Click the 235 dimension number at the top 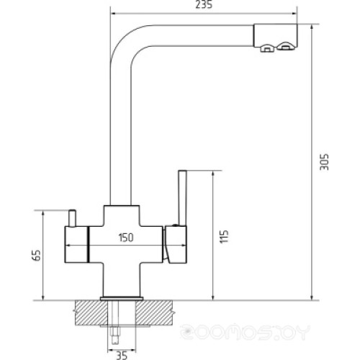(206, 5)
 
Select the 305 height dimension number (324, 161)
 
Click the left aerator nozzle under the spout (266, 50)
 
